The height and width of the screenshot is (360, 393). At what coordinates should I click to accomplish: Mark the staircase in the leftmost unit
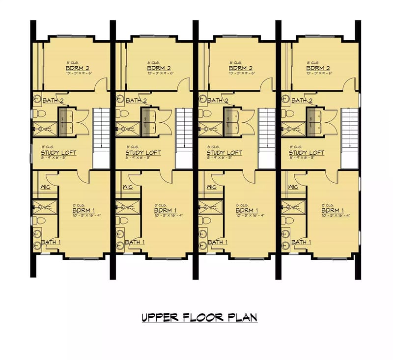coord(101,138)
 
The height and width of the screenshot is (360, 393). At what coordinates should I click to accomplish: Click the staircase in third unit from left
coord(267,138)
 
